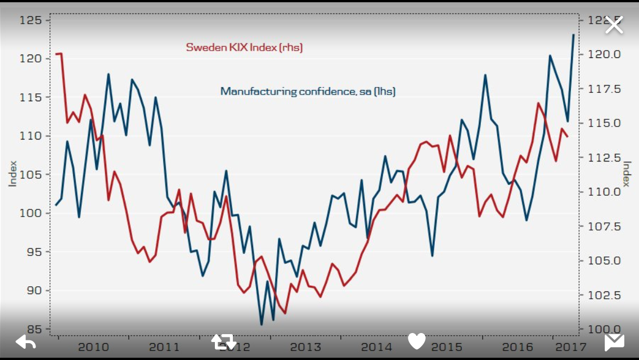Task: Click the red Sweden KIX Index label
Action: point(244,48)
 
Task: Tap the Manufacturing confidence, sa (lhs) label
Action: point(308,91)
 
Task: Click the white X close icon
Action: point(614,25)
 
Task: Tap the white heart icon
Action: point(417,341)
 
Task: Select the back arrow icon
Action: point(26,341)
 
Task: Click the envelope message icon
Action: point(614,342)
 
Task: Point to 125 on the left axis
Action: point(31,20)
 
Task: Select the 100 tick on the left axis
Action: point(31,213)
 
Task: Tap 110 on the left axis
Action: point(31,136)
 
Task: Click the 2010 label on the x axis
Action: point(93,347)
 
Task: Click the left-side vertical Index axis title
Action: point(12,174)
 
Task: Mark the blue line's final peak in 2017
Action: point(573,35)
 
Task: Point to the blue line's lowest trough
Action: point(262,325)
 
